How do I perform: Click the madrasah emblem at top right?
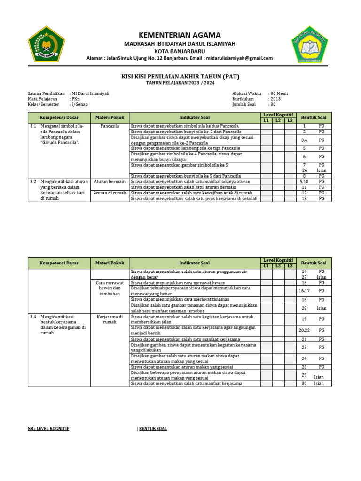coord(308,47)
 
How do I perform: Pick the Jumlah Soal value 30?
coord(274,105)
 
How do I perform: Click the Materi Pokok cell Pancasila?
coord(110,126)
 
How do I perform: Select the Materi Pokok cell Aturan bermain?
coord(110,181)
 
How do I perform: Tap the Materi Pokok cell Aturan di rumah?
coord(110,193)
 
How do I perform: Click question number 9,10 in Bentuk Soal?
coord(304,181)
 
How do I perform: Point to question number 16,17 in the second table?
coord(304,291)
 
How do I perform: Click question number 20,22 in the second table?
coord(304,330)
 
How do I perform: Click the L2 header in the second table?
coord(278,266)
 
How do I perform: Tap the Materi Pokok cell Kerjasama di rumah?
coord(110,319)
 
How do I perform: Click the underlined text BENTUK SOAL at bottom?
coord(153,429)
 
